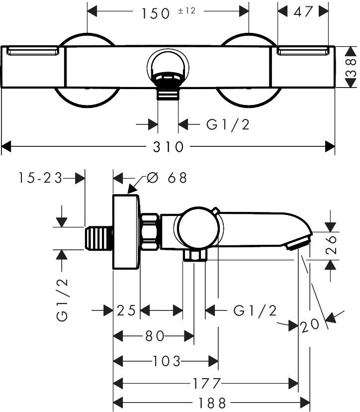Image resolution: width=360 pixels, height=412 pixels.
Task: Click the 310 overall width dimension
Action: coord(169,147)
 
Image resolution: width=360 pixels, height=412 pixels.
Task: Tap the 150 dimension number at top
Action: coord(156,13)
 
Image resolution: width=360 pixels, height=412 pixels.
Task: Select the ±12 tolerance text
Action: coord(186,11)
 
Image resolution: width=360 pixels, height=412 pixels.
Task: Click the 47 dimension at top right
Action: coord(303,11)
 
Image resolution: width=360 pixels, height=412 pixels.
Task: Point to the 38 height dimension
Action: coord(351,67)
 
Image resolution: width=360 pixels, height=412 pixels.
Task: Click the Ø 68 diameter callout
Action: coord(167,178)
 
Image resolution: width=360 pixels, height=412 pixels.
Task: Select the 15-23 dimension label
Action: coord(40,178)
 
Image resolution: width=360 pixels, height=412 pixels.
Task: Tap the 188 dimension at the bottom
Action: coord(212,403)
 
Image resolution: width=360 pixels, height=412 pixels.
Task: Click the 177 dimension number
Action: coord(206,383)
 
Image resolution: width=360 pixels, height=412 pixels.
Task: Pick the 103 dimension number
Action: coord(167,361)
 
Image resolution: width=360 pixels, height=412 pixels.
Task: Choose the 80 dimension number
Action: coord(155,336)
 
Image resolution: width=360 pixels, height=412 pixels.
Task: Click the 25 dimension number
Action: coord(126,310)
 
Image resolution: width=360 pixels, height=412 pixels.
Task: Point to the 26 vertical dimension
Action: coord(331,245)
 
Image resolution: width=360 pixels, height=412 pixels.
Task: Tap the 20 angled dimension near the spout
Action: coord(310,325)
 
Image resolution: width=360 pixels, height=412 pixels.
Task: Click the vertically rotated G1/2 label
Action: coord(62,300)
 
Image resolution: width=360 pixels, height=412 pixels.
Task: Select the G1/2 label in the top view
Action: coord(228,124)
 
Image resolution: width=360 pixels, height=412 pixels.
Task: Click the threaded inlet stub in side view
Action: coord(99,238)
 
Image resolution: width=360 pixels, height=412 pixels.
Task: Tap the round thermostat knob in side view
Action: coord(198,227)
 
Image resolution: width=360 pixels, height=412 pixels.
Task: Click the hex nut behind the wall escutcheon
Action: coord(150,231)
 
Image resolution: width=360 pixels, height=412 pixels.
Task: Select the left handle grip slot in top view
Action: coord(33,51)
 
